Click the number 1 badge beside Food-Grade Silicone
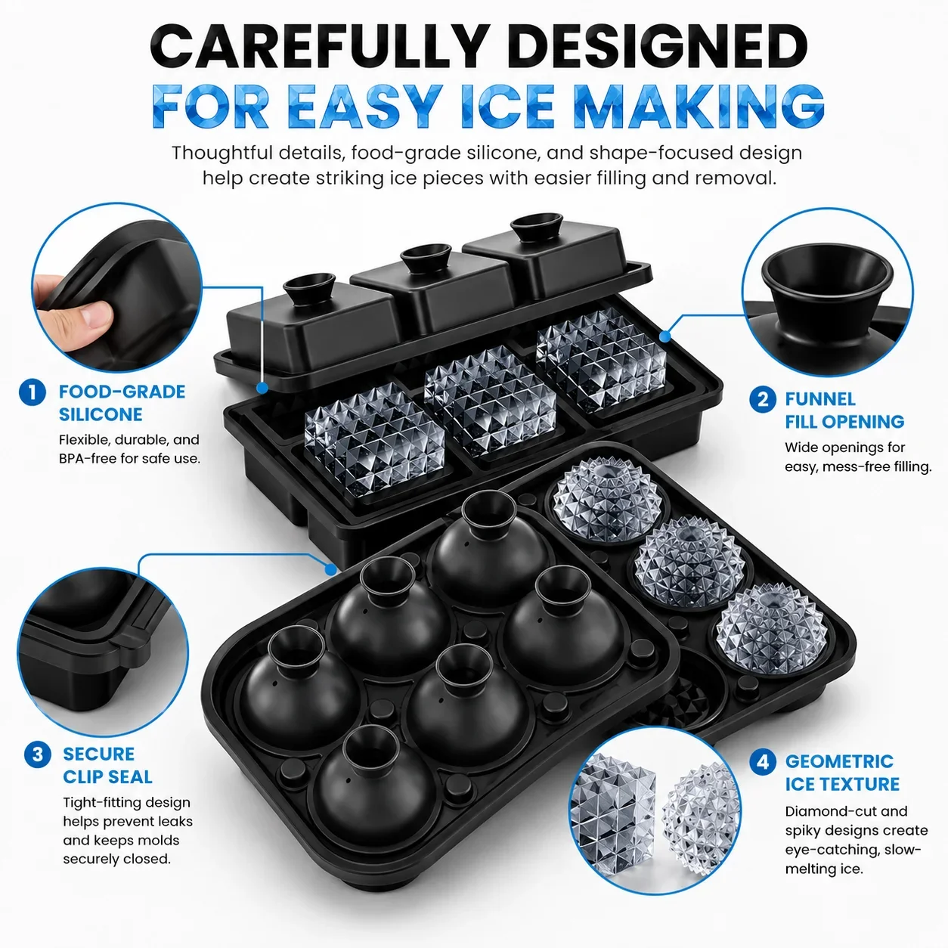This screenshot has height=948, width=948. [x=33, y=392]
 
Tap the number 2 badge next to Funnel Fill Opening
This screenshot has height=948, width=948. [x=763, y=399]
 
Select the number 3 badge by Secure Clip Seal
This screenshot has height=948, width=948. [x=37, y=754]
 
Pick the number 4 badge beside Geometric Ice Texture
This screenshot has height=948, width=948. [x=763, y=762]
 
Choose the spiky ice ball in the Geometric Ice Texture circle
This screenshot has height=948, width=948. [x=701, y=820]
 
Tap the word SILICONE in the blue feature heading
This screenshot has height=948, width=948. [x=101, y=415]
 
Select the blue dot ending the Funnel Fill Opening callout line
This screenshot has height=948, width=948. [x=665, y=336]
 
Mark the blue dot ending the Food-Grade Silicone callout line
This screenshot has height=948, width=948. [x=262, y=388]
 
